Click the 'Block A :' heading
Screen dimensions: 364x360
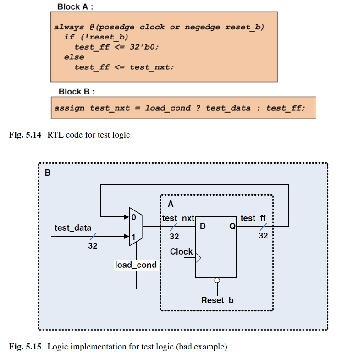point(75,7)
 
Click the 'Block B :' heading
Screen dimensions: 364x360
point(77,92)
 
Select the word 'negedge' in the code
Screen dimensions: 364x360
point(202,27)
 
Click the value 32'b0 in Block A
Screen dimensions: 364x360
point(144,47)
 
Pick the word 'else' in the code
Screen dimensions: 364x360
point(74,57)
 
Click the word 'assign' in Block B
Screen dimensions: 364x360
point(69,108)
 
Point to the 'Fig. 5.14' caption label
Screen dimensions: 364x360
point(25,135)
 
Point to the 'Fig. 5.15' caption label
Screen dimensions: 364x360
point(25,347)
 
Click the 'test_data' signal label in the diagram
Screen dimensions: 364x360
point(73,228)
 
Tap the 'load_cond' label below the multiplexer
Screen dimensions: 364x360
point(136,265)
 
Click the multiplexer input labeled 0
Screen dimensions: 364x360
point(134,217)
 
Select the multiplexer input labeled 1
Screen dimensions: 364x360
point(133,237)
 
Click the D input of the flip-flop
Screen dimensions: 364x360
point(203,226)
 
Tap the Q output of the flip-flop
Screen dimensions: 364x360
point(232,226)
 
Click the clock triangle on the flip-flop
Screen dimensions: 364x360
point(199,258)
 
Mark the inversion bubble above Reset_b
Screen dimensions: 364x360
point(217,281)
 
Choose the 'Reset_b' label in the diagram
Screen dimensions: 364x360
point(217,300)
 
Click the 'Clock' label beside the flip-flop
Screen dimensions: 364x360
point(181,251)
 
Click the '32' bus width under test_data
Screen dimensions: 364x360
point(93,246)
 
